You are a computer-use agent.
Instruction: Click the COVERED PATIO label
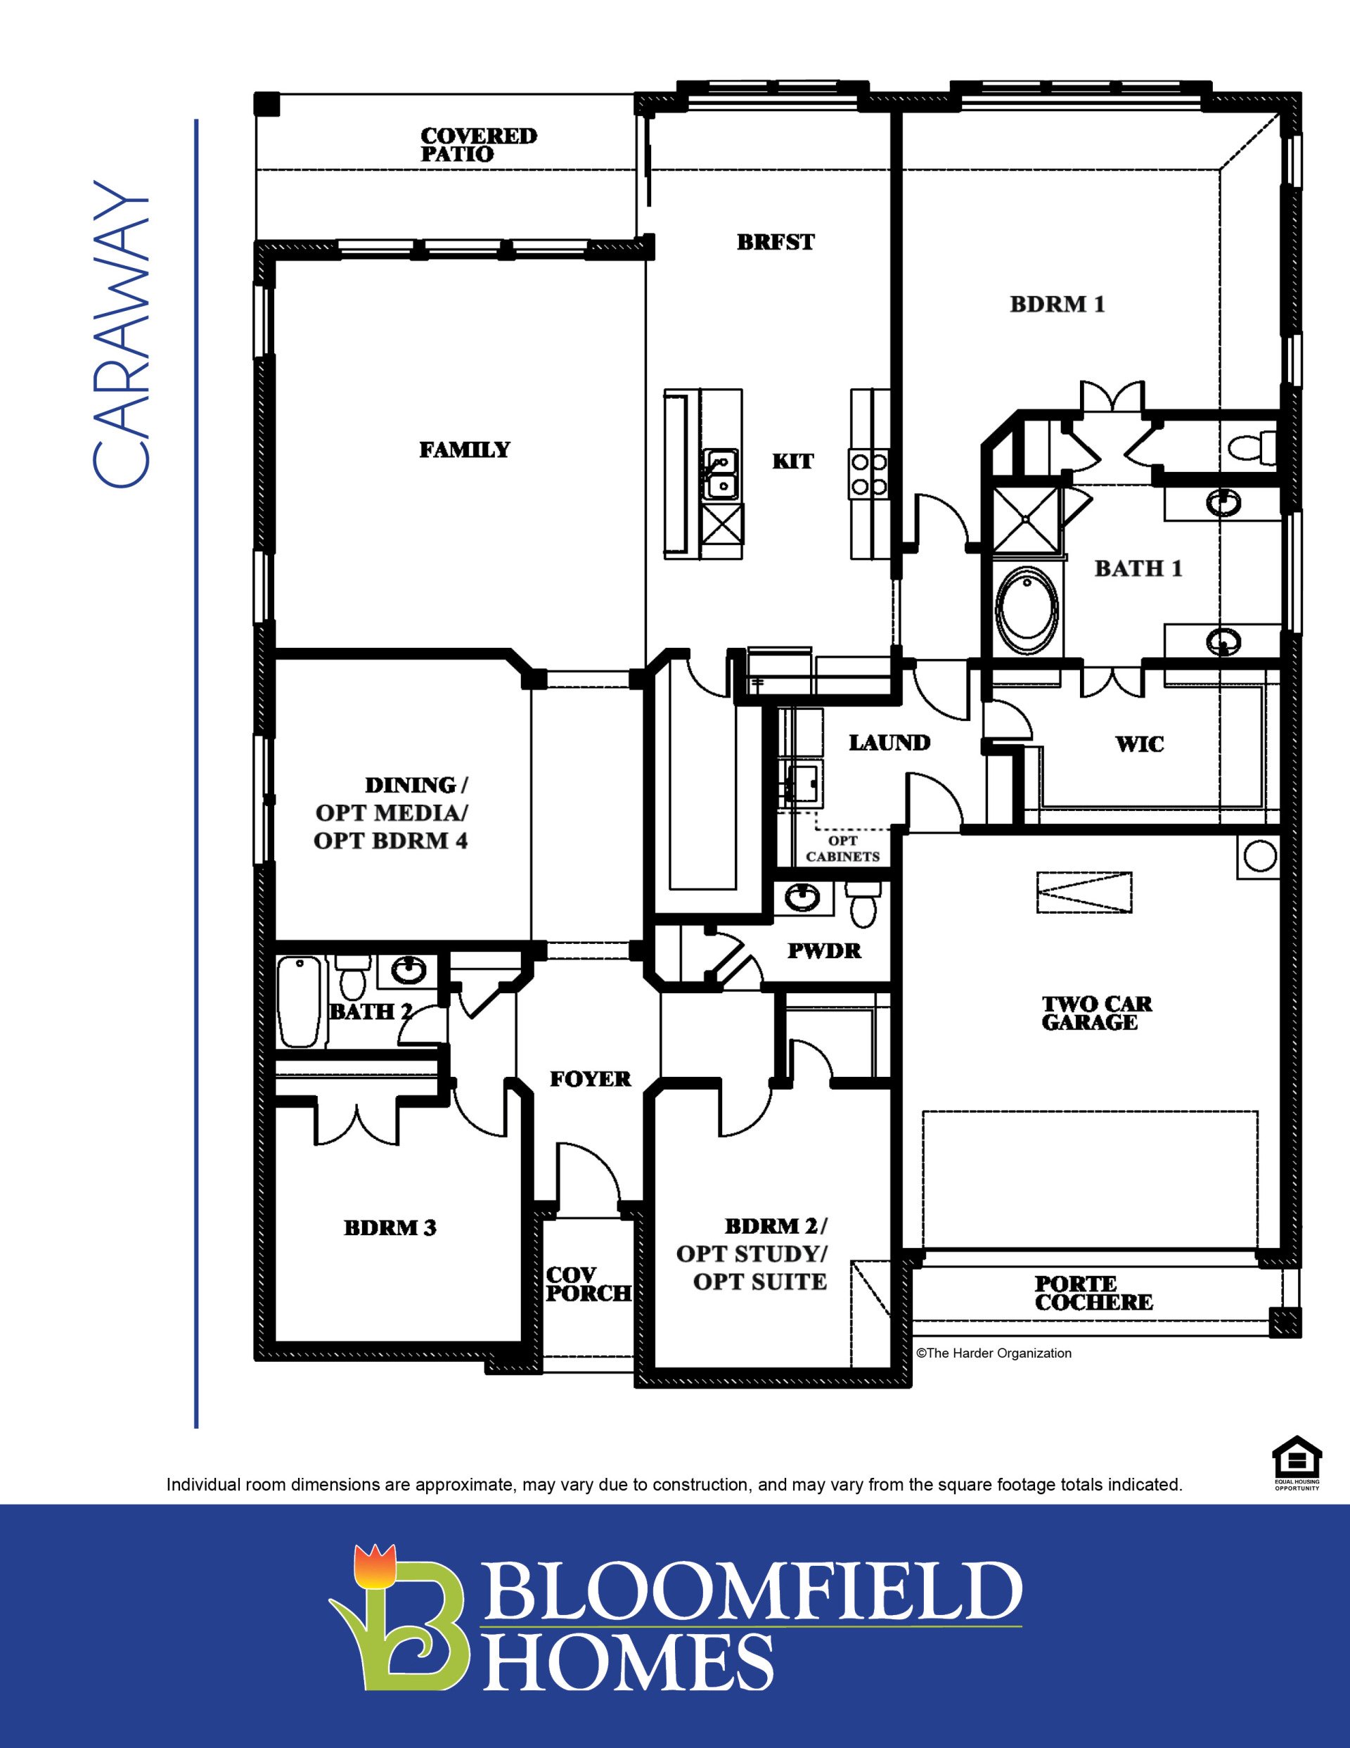479,145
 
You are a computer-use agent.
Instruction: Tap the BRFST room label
775,242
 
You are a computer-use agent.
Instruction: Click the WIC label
1140,744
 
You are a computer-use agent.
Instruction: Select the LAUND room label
889,743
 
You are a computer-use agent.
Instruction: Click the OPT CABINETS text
842,848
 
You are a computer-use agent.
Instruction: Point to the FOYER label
590,1079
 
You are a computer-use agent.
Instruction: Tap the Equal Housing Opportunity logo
1296,1463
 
